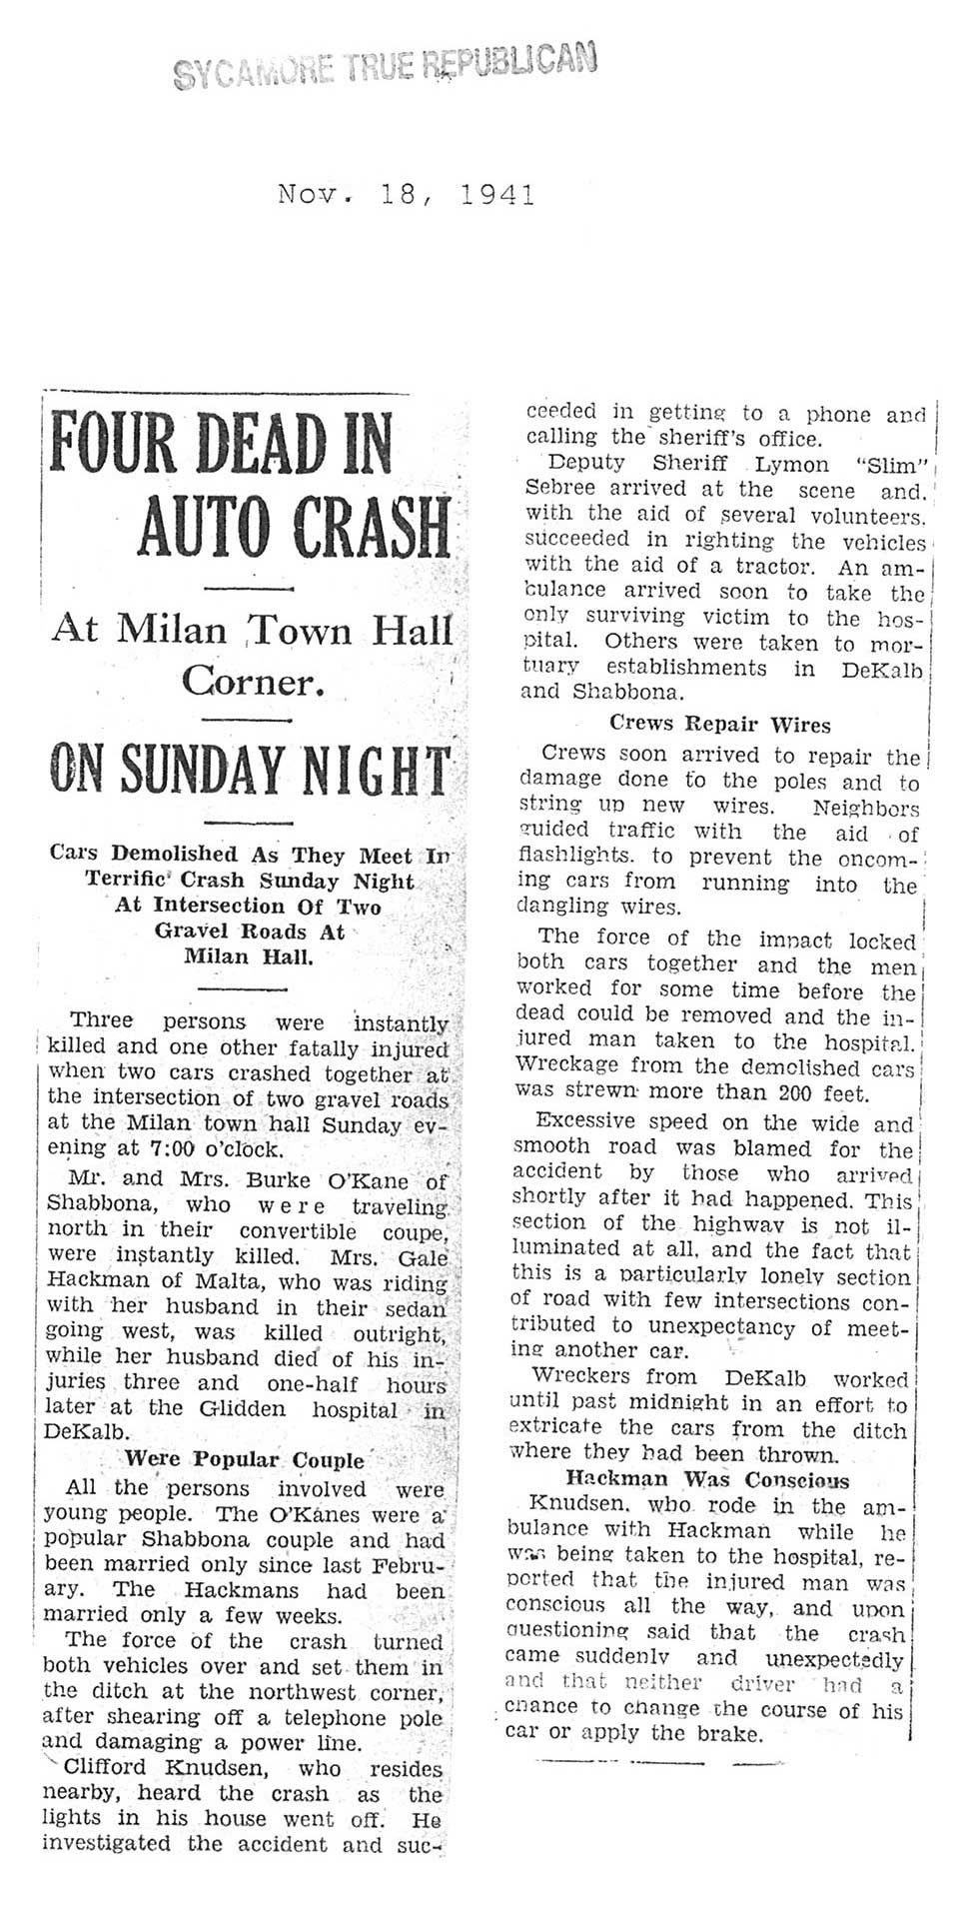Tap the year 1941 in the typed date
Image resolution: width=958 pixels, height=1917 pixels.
coord(498,194)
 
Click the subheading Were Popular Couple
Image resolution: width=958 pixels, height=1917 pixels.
coord(244,1460)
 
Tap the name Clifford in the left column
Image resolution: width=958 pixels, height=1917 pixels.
coord(103,1769)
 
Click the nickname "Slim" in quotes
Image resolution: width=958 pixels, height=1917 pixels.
coord(895,466)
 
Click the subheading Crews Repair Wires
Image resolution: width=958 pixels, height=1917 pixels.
coord(719,724)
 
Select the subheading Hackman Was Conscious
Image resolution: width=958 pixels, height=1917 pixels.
coord(707,1480)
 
